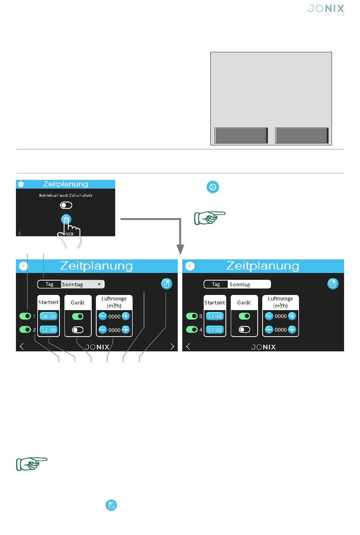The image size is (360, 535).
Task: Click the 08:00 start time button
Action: click(49, 317)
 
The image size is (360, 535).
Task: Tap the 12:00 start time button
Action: click(49, 330)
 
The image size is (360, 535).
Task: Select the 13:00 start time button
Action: click(215, 316)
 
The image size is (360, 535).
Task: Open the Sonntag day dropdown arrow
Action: click(99, 284)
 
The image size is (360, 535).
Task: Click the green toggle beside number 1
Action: click(25, 316)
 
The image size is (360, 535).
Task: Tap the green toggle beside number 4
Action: click(191, 330)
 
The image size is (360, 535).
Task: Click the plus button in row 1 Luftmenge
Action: click(126, 316)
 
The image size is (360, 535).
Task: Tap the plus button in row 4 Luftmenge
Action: click(292, 330)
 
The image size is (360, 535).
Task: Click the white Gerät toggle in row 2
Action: click(78, 330)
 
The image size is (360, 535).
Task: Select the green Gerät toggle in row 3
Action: click(244, 316)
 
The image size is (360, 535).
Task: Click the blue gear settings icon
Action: click(213, 187)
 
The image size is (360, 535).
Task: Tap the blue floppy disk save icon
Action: click(111, 505)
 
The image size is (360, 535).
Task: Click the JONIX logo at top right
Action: click(326, 10)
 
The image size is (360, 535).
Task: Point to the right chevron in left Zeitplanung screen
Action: click(172, 346)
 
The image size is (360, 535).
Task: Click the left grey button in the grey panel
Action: click(241, 136)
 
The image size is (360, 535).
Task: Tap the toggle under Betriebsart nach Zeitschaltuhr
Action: click(66, 205)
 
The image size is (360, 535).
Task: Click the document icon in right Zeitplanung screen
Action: click(333, 284)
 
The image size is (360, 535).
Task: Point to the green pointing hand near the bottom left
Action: click(31, 464)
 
